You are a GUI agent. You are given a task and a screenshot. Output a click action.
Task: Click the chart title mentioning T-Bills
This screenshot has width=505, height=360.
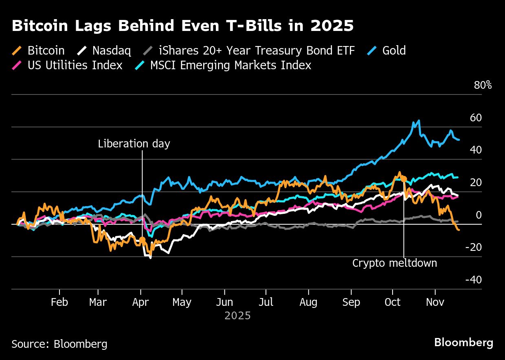tap(182, 26)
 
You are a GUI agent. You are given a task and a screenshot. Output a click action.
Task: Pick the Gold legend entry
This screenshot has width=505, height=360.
tap(387, 50)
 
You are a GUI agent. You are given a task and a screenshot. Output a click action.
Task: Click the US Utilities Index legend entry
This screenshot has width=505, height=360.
tap(67, 65)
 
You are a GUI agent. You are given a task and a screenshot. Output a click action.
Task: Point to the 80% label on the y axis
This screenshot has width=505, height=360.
tap(483, 86)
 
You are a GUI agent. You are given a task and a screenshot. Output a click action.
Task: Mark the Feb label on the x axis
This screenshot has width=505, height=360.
tap(59, 303)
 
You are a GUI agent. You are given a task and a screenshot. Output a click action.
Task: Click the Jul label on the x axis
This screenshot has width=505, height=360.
tap(266, 303)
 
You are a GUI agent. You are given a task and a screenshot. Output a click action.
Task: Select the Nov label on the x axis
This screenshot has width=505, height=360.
tap(435, 303)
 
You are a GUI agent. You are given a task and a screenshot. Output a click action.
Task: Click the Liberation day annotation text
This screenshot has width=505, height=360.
tap(134, 144)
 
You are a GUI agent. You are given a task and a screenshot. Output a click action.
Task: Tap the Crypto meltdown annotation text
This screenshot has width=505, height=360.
tap(395, 263)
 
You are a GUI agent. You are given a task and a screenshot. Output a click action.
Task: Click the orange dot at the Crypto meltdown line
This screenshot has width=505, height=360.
tap(404, 178)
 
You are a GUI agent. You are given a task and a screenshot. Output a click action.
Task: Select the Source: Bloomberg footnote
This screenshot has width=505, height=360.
tap(59, 344)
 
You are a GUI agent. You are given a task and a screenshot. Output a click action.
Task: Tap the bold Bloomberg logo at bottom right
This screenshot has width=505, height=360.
tap(463, 342)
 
